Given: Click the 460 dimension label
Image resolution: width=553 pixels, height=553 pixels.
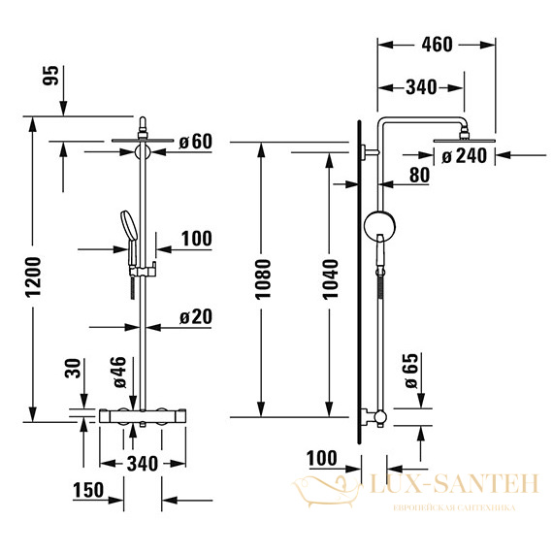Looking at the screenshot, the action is [437, 45].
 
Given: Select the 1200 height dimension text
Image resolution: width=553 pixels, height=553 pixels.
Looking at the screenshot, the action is [34, 276].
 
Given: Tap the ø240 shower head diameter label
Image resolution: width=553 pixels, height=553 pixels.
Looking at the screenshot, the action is [464, 155].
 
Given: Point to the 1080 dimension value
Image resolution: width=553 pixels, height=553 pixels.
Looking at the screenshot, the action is [263, 279].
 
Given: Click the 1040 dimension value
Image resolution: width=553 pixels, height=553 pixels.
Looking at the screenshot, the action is [331, 279].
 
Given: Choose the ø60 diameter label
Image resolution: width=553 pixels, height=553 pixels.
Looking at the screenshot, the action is [196, 142].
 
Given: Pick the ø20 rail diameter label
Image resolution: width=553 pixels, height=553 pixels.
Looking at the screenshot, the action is [196, 316].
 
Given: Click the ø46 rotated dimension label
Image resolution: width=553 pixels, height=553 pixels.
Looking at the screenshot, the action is [120, 373].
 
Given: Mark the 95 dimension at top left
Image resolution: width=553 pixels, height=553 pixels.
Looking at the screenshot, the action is [50, 75].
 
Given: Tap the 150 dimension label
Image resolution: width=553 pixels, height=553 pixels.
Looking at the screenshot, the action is [88, 490].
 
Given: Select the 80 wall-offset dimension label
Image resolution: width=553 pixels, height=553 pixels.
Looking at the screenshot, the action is [419, 175].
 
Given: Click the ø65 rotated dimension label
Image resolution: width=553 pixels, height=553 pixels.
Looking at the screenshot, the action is [411, 371].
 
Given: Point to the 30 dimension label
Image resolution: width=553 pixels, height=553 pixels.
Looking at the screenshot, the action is [73, 369].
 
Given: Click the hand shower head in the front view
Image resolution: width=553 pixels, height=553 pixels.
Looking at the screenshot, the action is [129, 226].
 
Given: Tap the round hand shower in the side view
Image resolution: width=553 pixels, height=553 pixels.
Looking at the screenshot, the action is [379, 226].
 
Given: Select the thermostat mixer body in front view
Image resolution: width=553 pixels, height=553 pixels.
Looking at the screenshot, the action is [143, 416].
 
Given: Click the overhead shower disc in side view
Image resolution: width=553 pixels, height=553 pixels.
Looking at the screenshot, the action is [464, 141].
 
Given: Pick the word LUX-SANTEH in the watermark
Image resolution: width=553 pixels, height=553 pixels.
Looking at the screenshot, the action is [454, 483].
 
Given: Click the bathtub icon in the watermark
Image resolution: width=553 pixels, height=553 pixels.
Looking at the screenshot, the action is [326, 490].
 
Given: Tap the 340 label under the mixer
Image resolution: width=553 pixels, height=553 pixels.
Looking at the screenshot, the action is [143, 464].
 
